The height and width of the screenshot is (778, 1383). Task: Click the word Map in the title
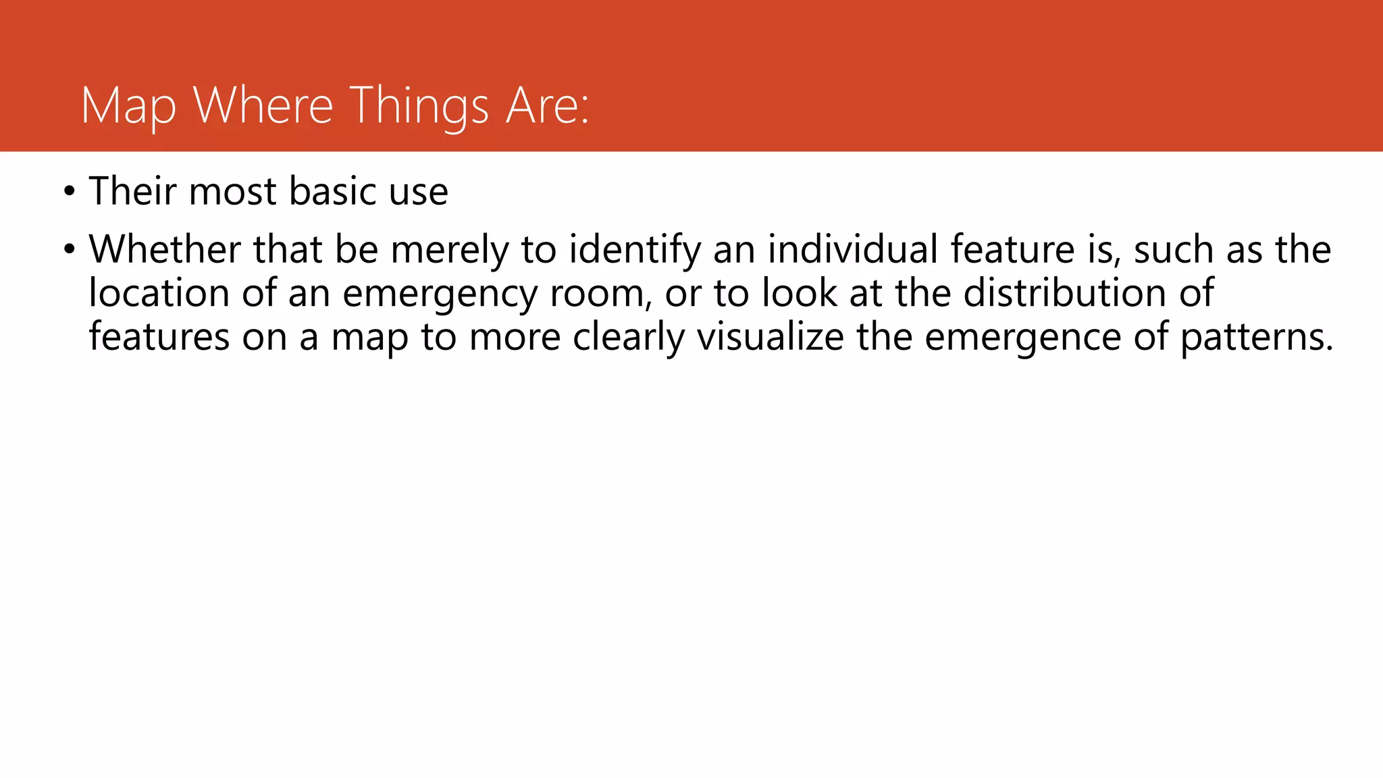(x=128, y=106)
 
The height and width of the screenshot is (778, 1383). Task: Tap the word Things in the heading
(x=419, y=106)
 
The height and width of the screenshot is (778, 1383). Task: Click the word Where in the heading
(x=263, y=106)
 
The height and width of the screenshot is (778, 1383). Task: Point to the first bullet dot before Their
(x=69, y=192)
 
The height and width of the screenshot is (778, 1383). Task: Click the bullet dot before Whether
(x=69, y=250)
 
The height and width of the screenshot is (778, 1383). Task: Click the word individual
(x=853, y=249)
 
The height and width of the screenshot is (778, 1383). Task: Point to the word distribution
(x=1065, y=293)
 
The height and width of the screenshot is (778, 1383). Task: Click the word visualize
(x=770, y=337)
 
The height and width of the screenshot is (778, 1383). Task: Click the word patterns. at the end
(x=1257, y=338)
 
